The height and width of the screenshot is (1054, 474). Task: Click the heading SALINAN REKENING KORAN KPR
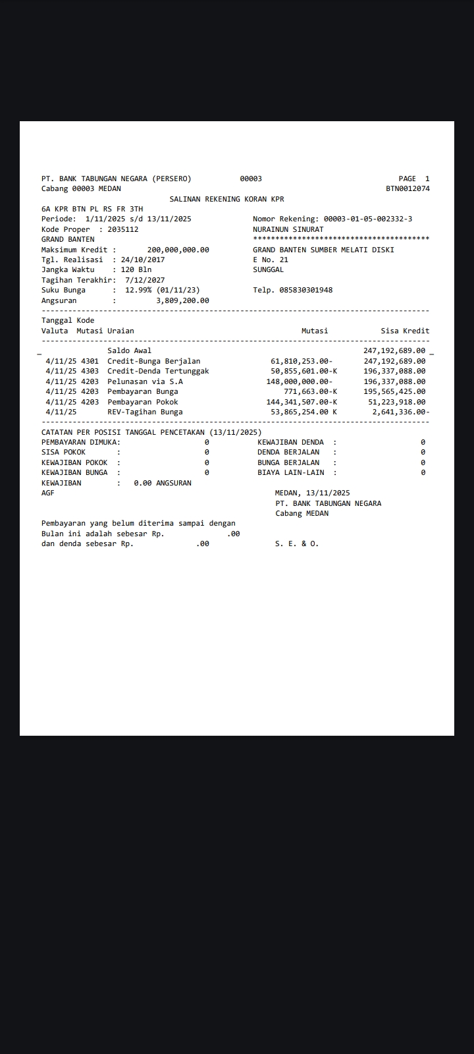pos(226,199)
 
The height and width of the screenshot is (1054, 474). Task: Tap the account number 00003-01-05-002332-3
pos(368,219)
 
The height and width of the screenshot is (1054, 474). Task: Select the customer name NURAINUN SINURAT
pos(288,229)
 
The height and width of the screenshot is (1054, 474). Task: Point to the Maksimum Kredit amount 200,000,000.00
pos(178,250)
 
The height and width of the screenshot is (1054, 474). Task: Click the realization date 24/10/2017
pos(143,260)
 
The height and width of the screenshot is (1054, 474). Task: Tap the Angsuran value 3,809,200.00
pos(182,300)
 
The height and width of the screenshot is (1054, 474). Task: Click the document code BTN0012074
pos(408,188)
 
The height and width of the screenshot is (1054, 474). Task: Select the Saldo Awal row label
pos(129,350)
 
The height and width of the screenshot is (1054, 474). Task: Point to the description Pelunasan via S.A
pos(145,381)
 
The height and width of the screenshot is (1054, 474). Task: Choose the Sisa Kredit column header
pos(405,331)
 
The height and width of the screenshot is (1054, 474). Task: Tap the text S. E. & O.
pos(296,543)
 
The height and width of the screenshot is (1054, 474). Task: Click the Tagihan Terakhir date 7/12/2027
pos(145,280)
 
